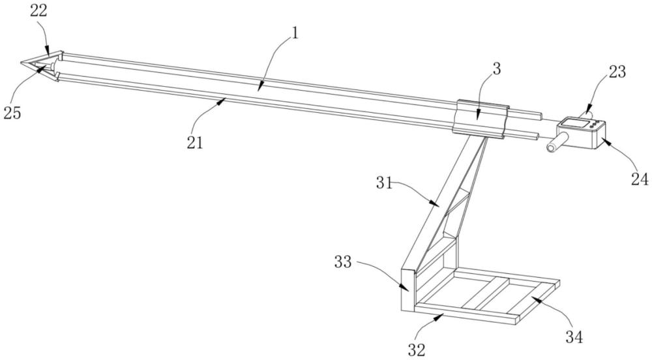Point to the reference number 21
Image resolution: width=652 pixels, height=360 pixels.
pos(194,142)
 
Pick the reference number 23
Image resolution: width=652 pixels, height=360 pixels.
pos(616,72)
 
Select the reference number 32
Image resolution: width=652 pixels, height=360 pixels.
pos(417,350)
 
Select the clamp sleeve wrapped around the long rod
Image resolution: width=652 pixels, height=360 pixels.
pos(481,117)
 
